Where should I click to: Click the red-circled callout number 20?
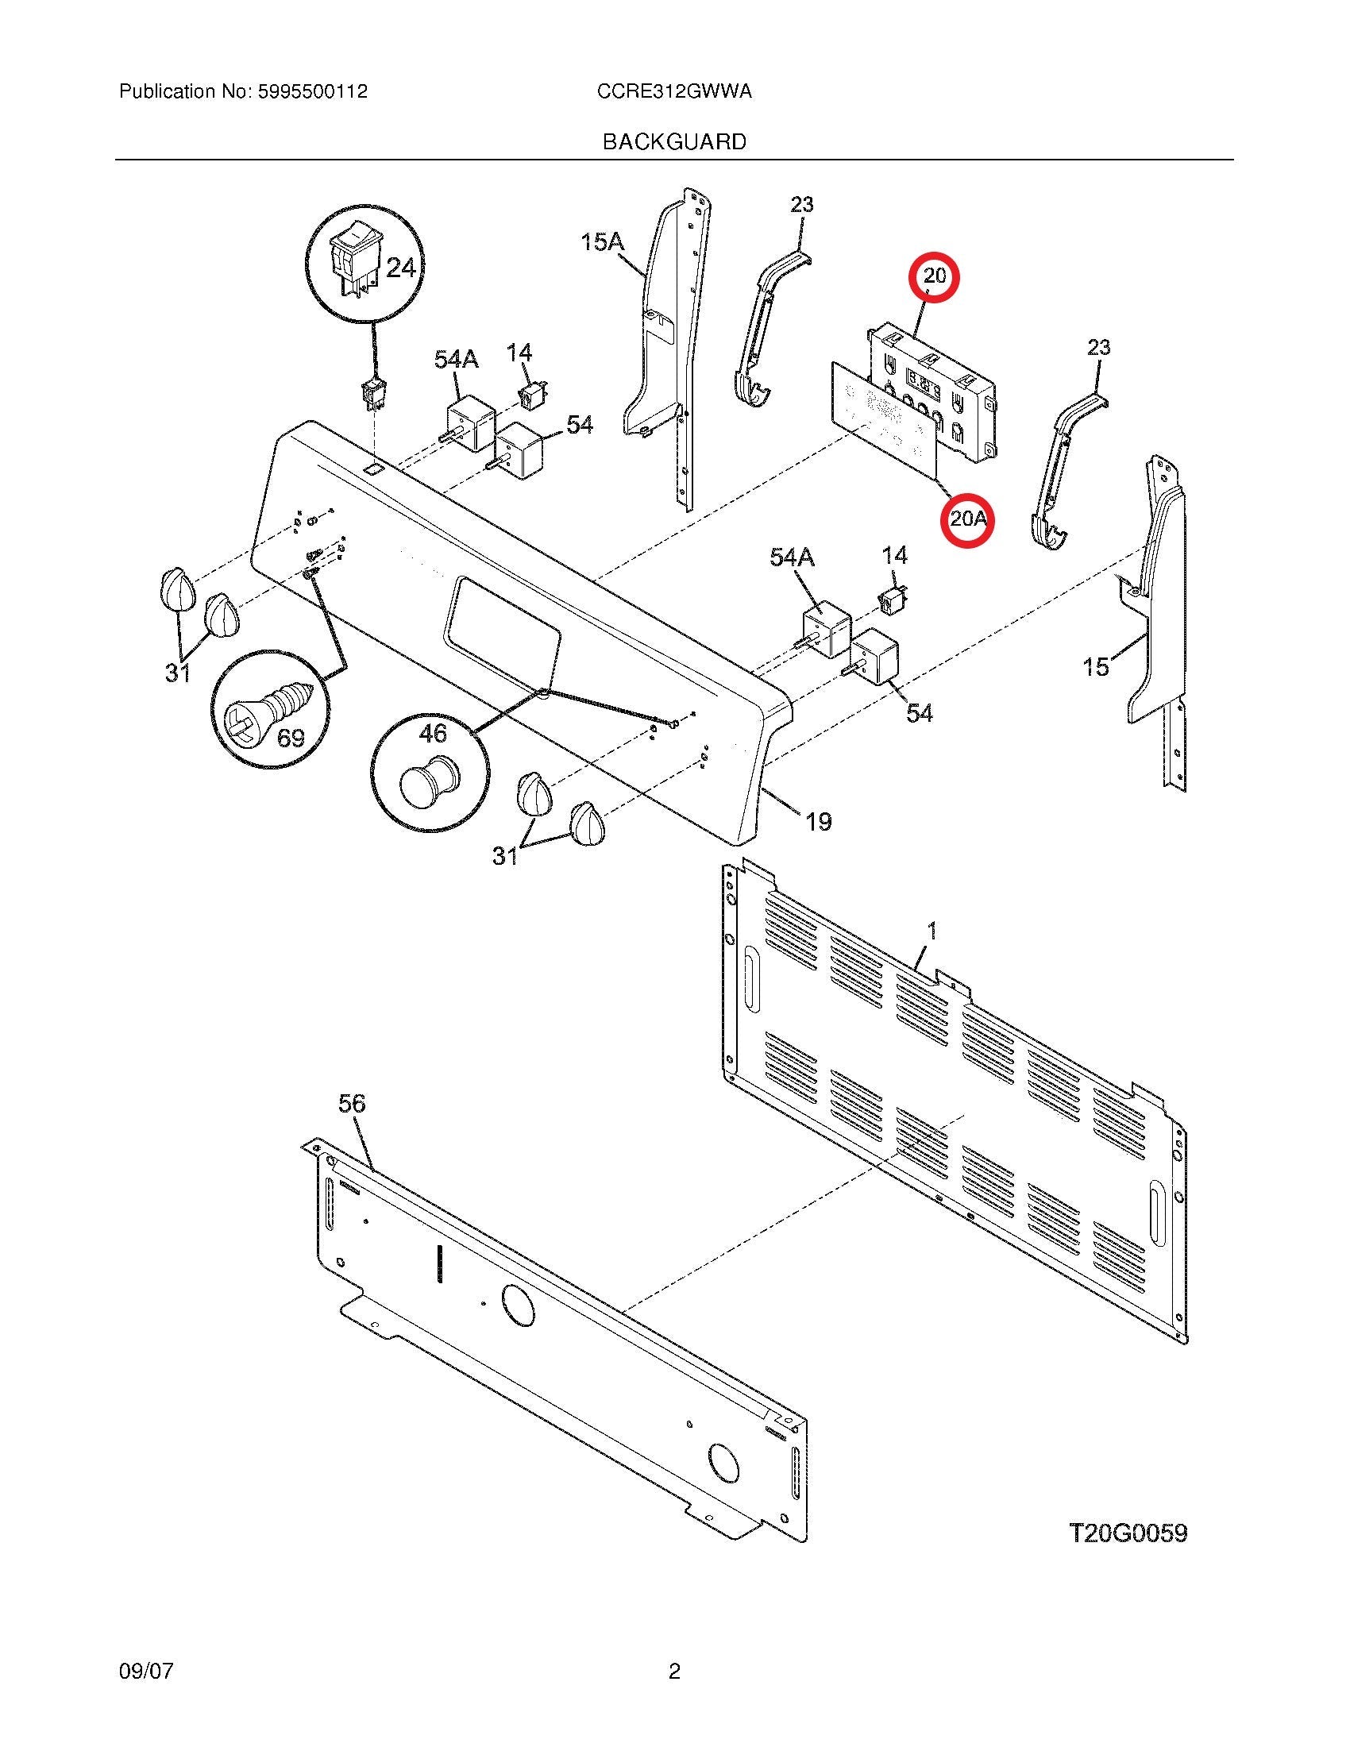click(934, 277)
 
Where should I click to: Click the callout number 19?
click(818, 821)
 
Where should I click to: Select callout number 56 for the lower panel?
click(351, 1103)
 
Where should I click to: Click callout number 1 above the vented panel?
click(931, 931)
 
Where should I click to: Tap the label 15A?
click(602, 241)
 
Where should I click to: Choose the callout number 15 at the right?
click(1096, 666)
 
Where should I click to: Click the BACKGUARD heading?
click(674, 142)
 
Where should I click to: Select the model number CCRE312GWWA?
click(673, 92)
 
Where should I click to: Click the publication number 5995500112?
click(312, 92)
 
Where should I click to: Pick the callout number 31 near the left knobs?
click(178, 673)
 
